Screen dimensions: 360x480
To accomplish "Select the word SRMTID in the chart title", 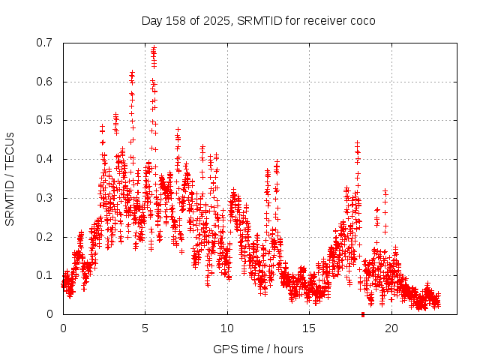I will click(x=256, y=20).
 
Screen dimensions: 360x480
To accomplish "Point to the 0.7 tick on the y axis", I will click(x=44, y=43).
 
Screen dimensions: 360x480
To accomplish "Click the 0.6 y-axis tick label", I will click(x=44, y=82).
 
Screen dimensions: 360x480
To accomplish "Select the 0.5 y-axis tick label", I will click(x=44, y=120).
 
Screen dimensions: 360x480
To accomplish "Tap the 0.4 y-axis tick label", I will click(x=44, y=159).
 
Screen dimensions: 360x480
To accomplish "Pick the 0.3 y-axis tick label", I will click(x=44, y=198).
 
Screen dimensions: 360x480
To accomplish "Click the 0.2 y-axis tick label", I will click(x=44, y=237).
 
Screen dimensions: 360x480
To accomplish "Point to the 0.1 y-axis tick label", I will click(x=44, y=275).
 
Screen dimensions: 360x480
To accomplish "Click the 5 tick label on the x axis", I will click(x=145, y=328).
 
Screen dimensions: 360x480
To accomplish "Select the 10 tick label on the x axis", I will click(x=227, y=328).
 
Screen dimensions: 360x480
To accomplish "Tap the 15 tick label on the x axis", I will click(x=309, y=328).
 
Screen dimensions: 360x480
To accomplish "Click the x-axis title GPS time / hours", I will click(x=258, y=349).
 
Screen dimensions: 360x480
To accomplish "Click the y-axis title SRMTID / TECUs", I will click(x=10, y=178).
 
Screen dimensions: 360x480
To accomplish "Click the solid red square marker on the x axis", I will click(x=363, y=314).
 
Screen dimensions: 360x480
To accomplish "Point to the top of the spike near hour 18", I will click(x=357, y=142).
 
